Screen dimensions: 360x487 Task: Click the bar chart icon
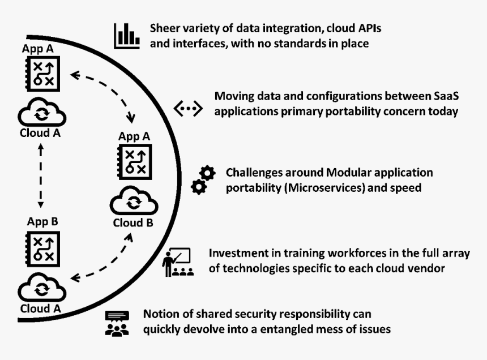tap(126, 36)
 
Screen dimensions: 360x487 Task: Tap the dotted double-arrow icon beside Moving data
tap(187, 109)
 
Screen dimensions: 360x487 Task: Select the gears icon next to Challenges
tap(203, 180)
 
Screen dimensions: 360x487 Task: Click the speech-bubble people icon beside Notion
tap(117, 323)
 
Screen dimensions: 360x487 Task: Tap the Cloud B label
tap(133, 222)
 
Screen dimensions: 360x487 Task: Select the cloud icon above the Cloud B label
tap(133, 202)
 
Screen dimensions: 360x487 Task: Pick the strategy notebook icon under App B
tap(40, 247)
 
